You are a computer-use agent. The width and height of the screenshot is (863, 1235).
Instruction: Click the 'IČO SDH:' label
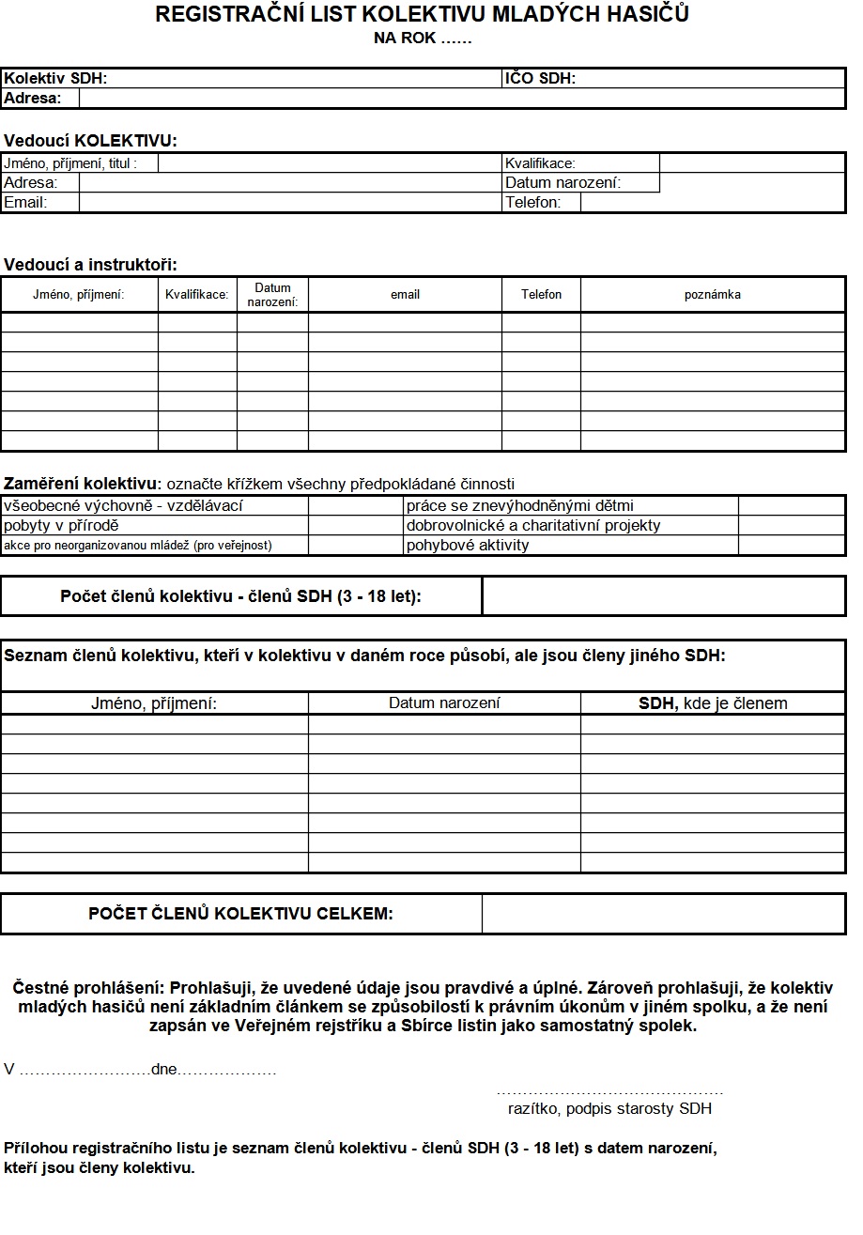tap(540, 79)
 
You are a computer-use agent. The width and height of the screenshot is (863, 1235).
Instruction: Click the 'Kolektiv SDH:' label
tap(55, 79)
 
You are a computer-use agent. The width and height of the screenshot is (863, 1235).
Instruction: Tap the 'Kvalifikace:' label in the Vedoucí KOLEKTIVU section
tap(540, 163)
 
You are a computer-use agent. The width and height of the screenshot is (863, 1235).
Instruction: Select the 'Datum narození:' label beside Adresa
tap(562, 183)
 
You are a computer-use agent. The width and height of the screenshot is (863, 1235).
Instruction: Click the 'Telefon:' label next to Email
tap(532, 202)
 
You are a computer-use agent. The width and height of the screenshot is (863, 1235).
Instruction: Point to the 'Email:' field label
tap(25, 202)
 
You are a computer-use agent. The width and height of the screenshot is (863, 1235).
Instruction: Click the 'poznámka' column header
tap(712, 295)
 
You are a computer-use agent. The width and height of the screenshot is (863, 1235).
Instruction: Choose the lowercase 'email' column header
tap(405, 295)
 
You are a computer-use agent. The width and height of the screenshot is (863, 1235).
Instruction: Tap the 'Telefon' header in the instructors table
tap(541, 295)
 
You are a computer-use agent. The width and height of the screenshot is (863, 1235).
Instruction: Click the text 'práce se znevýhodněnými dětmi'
tap(519, 506)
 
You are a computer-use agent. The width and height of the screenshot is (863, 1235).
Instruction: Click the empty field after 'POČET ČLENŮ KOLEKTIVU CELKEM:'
tap(663, 914)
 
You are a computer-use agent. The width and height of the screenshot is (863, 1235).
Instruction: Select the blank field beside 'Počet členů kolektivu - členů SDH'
tap(663, 596)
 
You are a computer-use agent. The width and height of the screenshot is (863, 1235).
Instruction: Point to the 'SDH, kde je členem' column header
tap(712, 703)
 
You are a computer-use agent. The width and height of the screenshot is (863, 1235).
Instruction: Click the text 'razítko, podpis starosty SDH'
tap(609, 1108)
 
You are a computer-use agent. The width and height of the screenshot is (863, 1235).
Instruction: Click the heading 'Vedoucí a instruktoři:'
tap(90, 265)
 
